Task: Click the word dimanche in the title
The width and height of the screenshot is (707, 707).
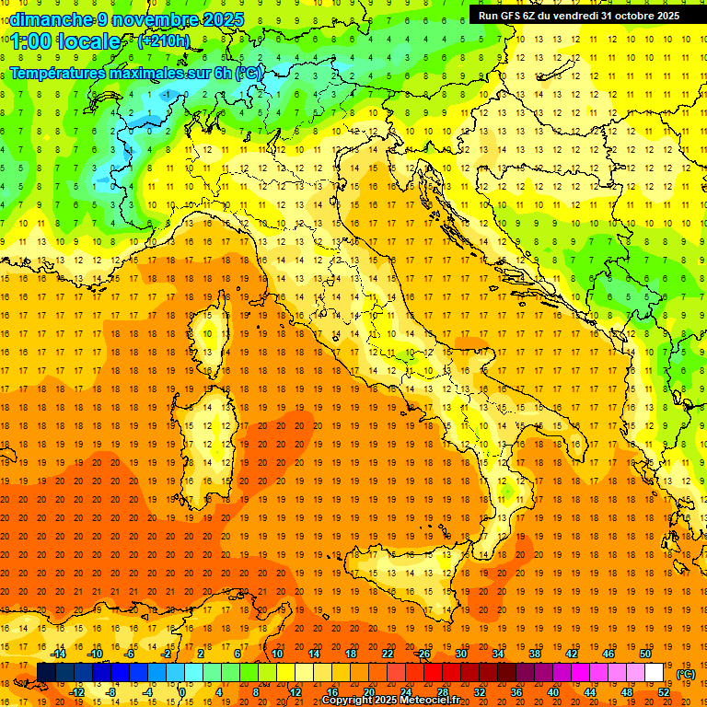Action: (x=51, y=19)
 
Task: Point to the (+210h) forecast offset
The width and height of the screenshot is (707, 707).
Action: (x=164, y=41)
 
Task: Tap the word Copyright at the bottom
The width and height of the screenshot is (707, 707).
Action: (x=348, y=701)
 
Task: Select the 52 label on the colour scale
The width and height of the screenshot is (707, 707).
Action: (x=664, y=692)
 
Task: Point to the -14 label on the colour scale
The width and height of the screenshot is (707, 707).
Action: (x=59, y=654)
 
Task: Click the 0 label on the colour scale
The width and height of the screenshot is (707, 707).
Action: (x=182, y=692)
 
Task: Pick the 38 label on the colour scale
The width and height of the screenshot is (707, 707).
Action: (x=535, y=654)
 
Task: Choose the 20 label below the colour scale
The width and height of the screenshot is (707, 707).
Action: (x=368, y=692)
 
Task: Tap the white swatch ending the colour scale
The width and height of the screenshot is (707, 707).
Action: (x=655, y=672)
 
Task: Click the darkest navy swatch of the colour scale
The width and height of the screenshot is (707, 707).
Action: (x=46, y=672)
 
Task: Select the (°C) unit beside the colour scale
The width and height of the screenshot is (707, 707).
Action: (x=686, y=673)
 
